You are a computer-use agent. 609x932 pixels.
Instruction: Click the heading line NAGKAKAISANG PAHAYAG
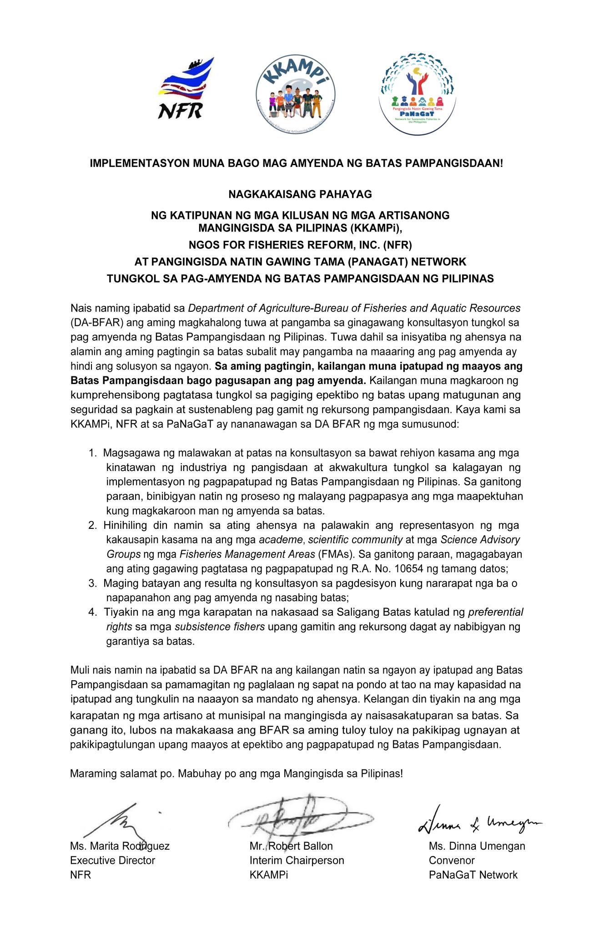coord(300,195)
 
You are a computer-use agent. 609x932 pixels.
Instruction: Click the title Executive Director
coord(112,861)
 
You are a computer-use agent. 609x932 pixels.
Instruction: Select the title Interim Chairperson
coord(297,861)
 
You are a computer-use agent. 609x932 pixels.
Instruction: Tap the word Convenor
coord(452,861)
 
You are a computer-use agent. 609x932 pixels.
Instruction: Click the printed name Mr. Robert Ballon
coord(291,846)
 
